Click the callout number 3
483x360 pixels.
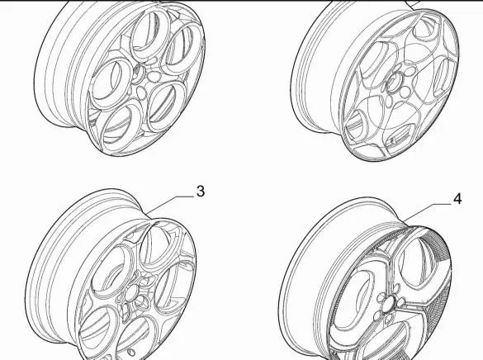pos(201,192)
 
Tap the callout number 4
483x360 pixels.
pos(458,199)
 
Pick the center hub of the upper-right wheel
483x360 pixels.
pos(393,83)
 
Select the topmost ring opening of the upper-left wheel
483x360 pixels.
pos(150,34)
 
